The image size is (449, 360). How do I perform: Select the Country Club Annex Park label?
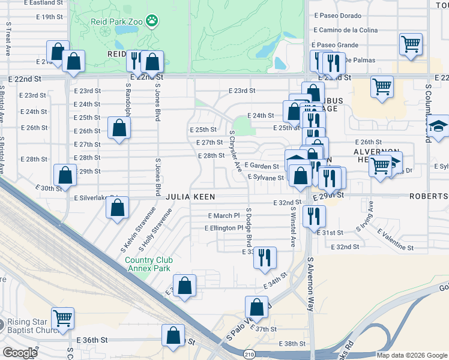pyautogui.click(x=149, y=264)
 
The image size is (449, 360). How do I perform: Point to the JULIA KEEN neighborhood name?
pyautogui.click(x=190, y=197)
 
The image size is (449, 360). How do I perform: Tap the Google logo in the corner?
pyautogui.click(x=19, y=353)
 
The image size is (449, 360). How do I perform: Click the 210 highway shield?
pyautogui.click(x=249, y=355)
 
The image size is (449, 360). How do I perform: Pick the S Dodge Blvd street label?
pyautogui.click(x=249, y=227)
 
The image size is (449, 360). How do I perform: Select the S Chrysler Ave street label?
pyautogui.click(x=235, y=151)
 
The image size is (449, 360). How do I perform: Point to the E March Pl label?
pyautogui.click(x=223, y=215)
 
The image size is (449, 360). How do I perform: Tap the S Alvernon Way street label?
pyautogui.click(x=310, y=284)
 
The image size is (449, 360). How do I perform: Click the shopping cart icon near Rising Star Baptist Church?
pyautogui.click(x=62, y=318)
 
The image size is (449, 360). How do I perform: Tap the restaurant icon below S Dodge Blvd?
pyautogui.click(x=265, y=257)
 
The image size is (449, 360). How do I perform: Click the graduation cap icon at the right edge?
pyautogui.click(x=439, y=126)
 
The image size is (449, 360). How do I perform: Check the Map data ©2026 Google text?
pyautogui.click(x=411, y=355)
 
